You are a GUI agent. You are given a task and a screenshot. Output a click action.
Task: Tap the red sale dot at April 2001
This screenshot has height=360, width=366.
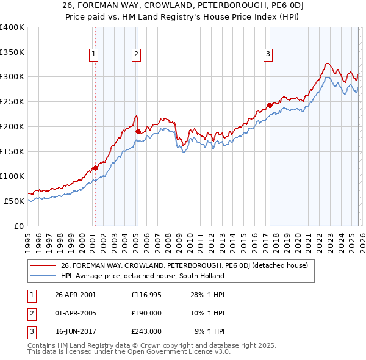point(95,168)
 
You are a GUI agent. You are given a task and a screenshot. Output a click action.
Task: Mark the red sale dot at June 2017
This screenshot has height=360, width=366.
point(270,105)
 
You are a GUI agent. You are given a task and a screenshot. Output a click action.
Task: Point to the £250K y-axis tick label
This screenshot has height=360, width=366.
point(12,102)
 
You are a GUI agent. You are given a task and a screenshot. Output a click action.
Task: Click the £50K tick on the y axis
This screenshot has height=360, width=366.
point(15,201)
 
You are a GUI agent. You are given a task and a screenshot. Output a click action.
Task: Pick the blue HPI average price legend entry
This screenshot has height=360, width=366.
point(143,276)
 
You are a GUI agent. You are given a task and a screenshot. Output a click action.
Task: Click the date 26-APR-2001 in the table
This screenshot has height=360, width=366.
point(75,295)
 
